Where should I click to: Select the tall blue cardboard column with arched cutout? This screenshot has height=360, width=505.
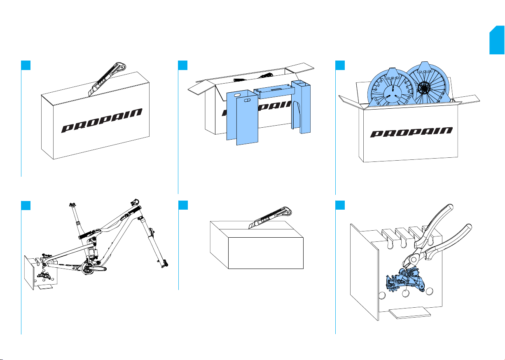(x=301, y=107)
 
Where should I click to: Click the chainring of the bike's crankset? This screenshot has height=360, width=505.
(x=91, y=268)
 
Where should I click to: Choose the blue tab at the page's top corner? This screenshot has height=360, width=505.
(x=497, y=41)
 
